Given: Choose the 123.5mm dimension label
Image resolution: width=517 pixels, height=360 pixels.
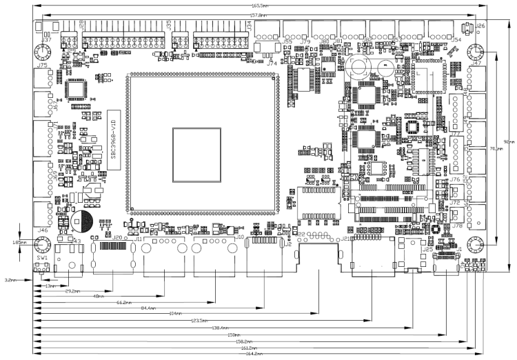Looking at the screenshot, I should (201, 321).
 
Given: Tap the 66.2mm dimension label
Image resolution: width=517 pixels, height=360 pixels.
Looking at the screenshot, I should (125, 303).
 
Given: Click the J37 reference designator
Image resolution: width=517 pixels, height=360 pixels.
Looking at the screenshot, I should (47, 40).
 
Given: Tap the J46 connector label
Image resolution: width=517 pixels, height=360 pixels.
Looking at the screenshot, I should (43, 230).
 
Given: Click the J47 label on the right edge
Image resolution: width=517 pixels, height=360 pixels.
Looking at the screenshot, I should (476, 63).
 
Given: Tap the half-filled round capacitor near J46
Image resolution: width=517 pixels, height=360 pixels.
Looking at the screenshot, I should (81, 221).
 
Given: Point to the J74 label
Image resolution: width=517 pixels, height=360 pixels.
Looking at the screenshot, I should (272, 63).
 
